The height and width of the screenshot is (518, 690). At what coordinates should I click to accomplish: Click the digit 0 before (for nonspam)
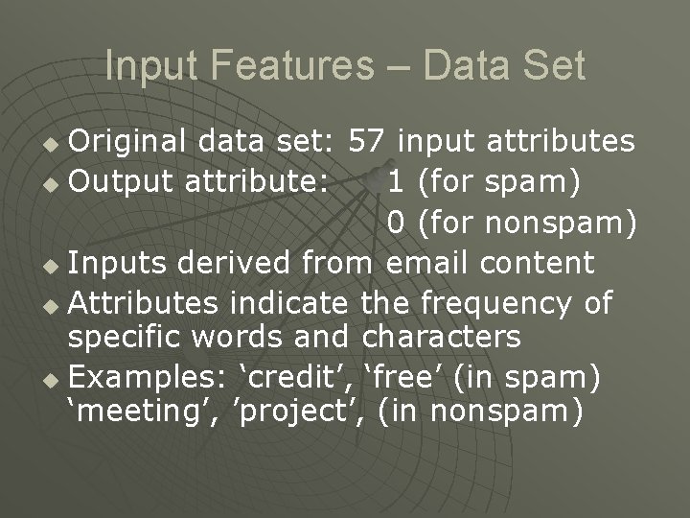pyautogui.click(x=397, y=223)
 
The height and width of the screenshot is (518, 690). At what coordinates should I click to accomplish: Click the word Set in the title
pyautogui.click(x=552, y=66)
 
